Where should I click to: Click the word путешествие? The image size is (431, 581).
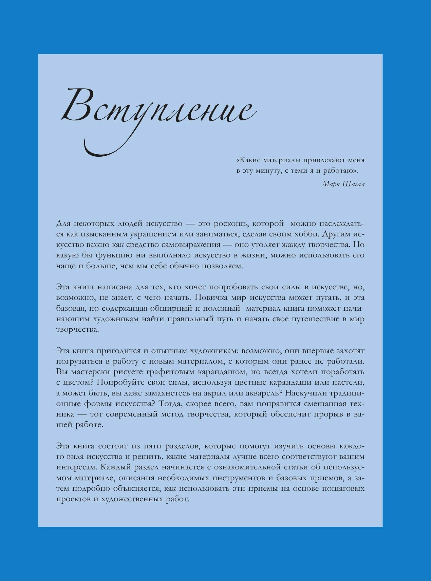311,319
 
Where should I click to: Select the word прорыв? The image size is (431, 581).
330,414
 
